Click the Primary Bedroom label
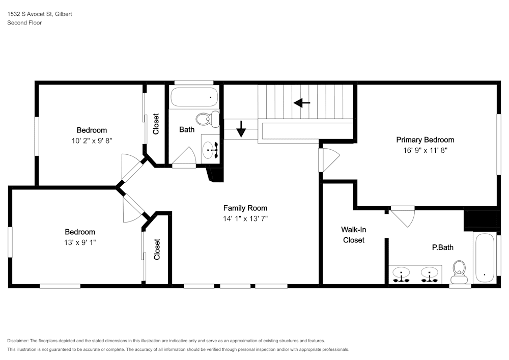click(x=425, y=140)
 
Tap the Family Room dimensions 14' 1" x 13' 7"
click(x=245, y=218)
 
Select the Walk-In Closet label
click(x=354, y=235)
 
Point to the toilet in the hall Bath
click(x=208, y=119)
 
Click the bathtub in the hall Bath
click(x=194, y=97)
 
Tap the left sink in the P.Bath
click(x=401, y=274)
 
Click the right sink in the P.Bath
click(x=430, y=274)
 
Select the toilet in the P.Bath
click(x=459, y=272)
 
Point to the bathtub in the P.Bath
click(x=485, y=258)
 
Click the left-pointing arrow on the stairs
click(x=302, y=103)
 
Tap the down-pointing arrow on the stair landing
click(x=241, y=129)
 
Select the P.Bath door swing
click(x=403, y=216)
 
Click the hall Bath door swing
click(x=184, y=157)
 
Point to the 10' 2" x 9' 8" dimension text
click(x=92, y=141)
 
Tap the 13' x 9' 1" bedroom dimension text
click(x=80, y=242)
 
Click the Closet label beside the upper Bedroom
click(x=156, y=124)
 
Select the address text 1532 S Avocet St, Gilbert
click(x=40, y=14)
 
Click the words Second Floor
click(x=24, y=23)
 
